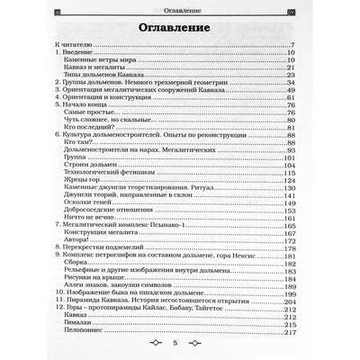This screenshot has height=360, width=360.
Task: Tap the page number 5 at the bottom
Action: coord(180,344)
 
